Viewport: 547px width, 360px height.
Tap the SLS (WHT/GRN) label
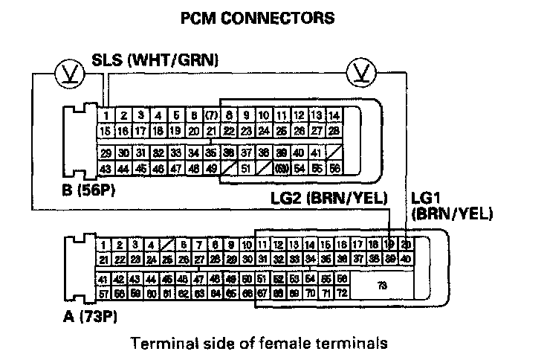click(x=155, y=61)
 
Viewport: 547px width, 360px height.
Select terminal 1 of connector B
click(x=107, y=116)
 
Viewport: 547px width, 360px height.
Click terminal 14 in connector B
click(x=334, y=116)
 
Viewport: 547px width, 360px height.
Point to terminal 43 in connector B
click(x=107, y=169)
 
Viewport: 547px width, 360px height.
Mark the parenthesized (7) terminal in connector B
click(x=212, y=116)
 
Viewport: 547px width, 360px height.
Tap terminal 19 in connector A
click(x=390, y=245)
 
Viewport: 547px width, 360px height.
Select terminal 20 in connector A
click(x=405, y=245)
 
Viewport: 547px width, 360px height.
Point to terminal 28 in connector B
click(x=334, y=131)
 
